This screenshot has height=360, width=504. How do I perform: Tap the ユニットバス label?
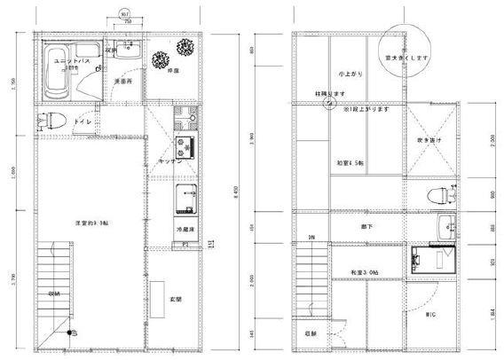(x=68, y=60)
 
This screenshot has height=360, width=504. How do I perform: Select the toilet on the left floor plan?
(x=46, y=121)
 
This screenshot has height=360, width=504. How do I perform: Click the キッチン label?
(x=170, y=162)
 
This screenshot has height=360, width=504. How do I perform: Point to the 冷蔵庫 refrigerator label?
(x=185, y=229)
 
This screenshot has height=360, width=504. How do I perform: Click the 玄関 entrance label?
(x=176, y=300)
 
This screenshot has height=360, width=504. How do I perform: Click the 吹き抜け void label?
(x=429, y=139)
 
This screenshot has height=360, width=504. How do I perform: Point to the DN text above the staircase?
(x=311, y=238)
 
